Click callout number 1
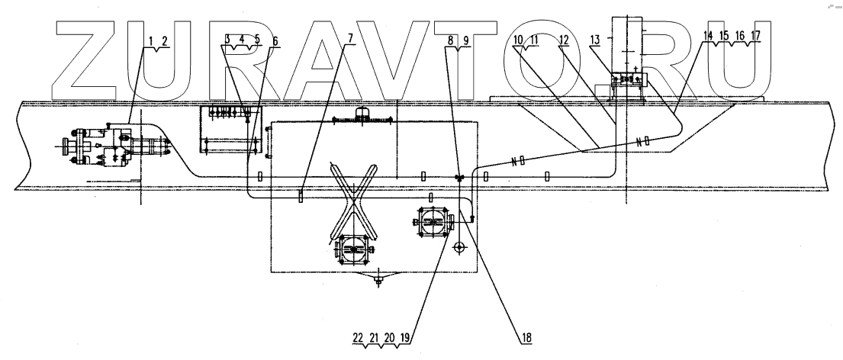[151, 39]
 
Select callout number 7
[349, 39]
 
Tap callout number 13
[596, 39]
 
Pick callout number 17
[755, 36]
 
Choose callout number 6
[275, 39]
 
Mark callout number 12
[565, 39]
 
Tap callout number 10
[518, 39]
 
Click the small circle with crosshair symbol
[459, 248]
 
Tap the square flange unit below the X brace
[352, 248]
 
